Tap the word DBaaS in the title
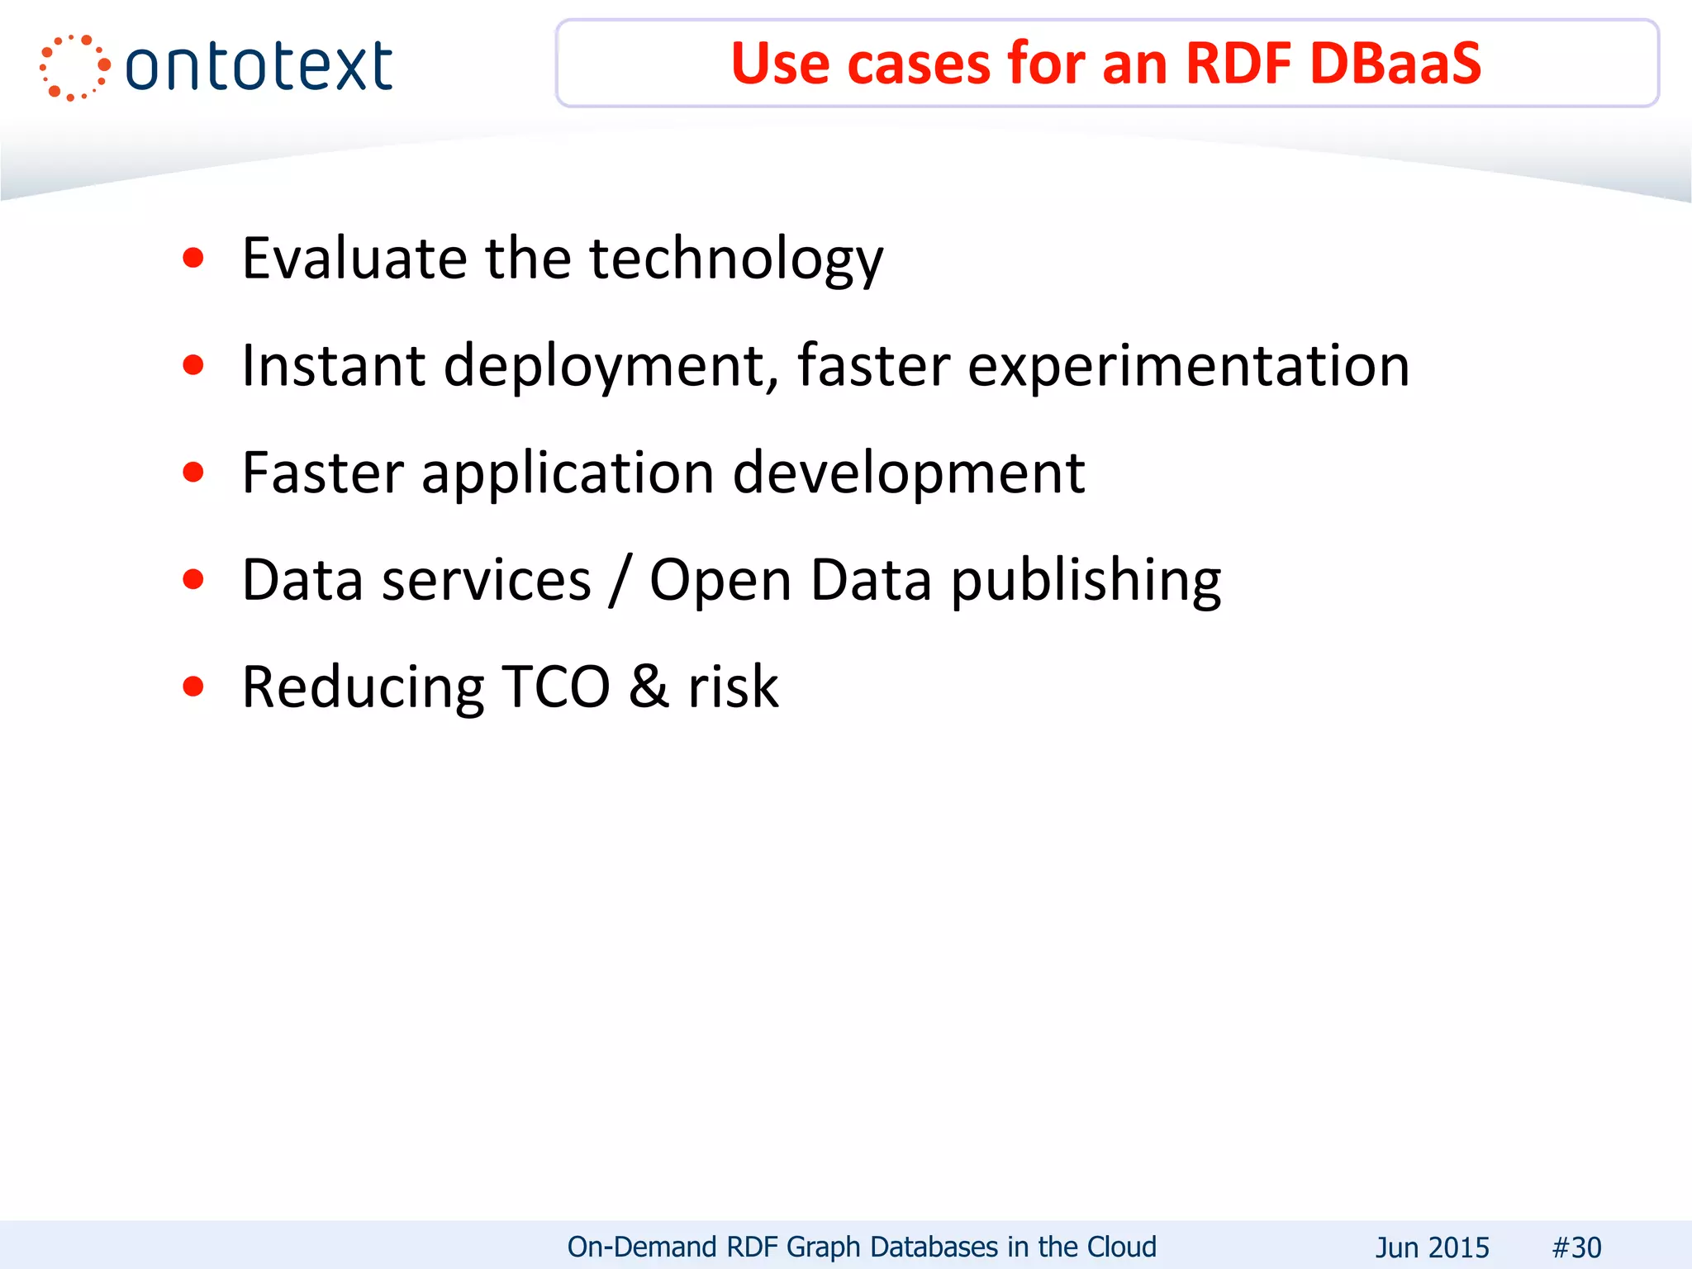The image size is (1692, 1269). click(1395, 64)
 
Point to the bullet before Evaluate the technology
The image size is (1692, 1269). click(193, 259)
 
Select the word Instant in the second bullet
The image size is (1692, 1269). click(333, 366)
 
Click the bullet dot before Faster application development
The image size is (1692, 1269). click(193, 473)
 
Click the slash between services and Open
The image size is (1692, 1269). click(620, 581)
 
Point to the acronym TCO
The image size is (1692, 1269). click(556, 687)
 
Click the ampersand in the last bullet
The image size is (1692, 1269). click(649, 687)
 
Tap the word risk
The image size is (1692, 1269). click(733, 687)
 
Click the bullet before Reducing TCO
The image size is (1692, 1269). click(193, 687)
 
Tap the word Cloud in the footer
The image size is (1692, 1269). click(1121, 1247)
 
